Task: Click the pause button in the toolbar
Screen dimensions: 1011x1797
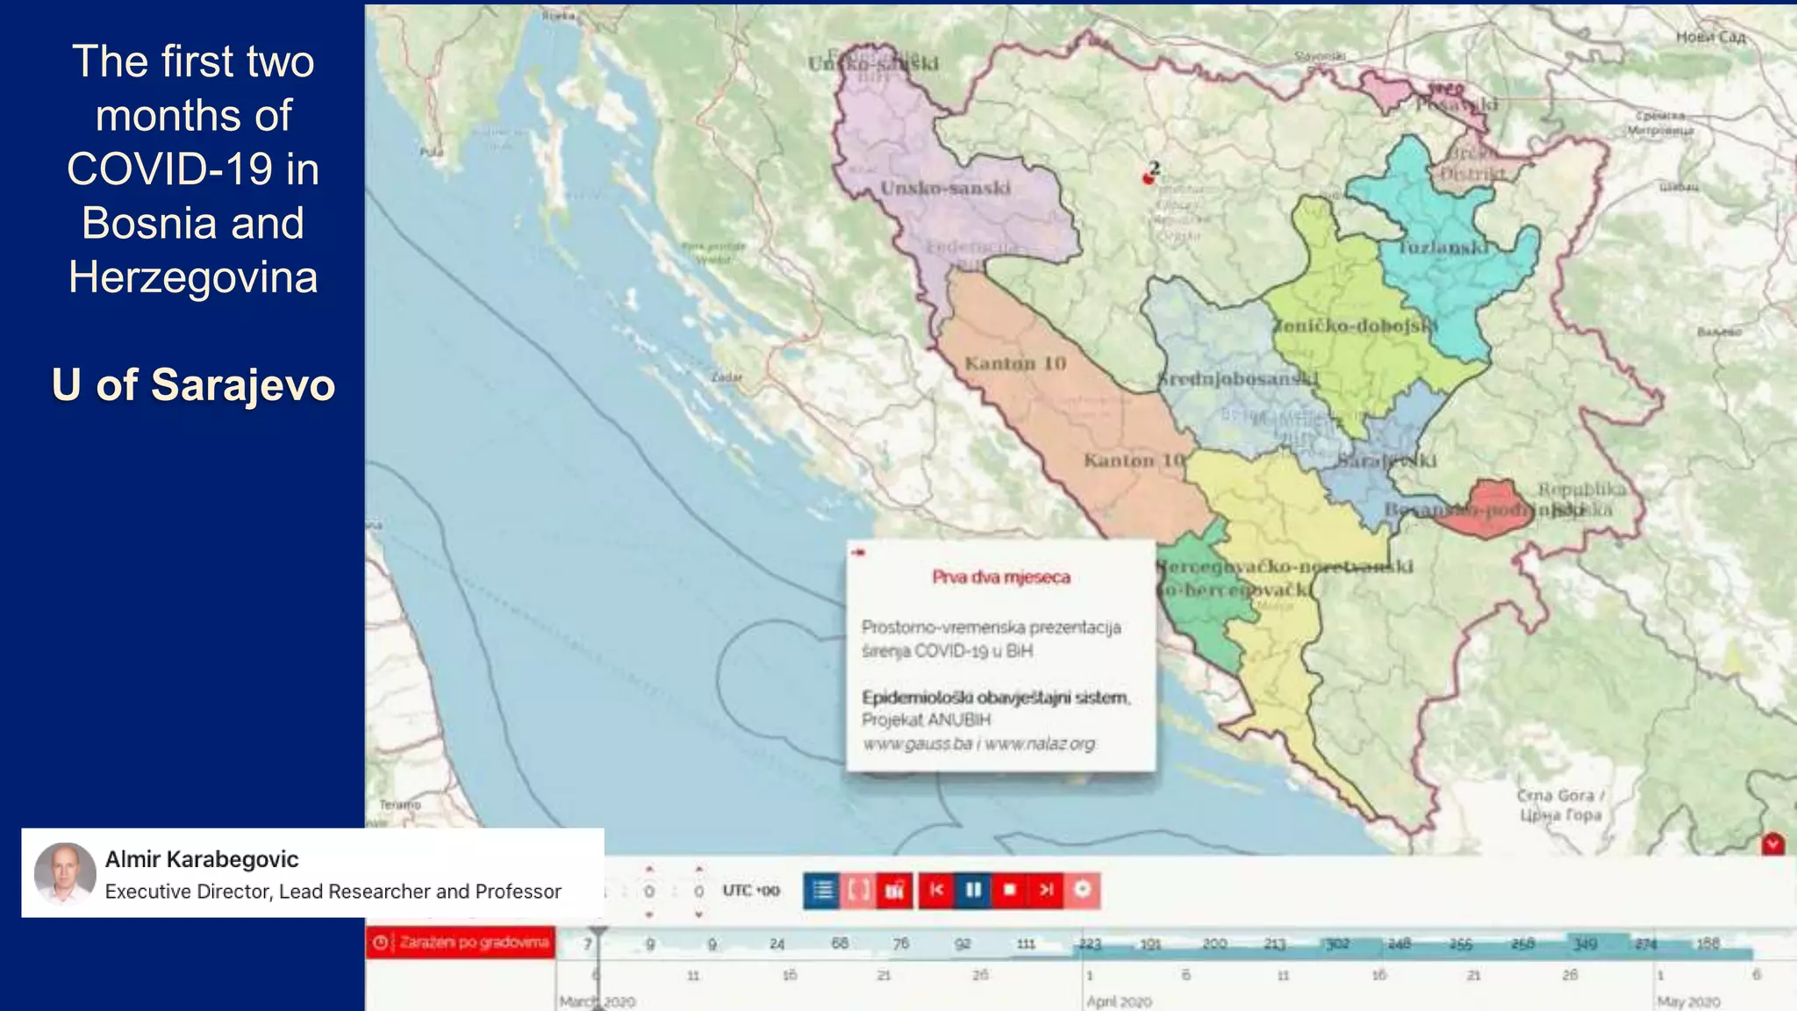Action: coord(973,890)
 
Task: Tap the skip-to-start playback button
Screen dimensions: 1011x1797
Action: coord(937,890)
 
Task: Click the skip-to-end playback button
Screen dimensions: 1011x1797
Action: coord(1046,890)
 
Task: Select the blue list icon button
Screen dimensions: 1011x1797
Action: coord(822,890)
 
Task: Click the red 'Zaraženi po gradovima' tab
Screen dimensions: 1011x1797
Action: coord(462,943)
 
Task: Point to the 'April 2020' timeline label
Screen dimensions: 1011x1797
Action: coord(1119,1001)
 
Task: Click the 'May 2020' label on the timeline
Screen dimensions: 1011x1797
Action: coord(1688,1001)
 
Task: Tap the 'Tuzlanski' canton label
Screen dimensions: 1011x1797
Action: coord(1443,247)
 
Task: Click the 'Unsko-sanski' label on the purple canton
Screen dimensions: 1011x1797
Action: coord(945,188)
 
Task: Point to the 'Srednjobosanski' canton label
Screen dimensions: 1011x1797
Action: coord(1237,379)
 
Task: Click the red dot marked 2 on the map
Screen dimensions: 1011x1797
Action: coord(1148,178)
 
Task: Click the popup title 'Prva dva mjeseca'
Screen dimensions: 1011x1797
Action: coord(1001,577)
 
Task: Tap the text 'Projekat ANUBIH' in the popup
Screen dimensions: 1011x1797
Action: coord(926,720)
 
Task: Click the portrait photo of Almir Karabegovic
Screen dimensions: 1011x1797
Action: coord(64,872)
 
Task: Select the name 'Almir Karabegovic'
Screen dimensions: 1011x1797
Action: coord(202,859)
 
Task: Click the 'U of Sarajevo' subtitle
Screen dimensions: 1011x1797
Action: coord(193,384)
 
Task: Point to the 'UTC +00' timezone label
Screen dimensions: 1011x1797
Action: coord(751,891)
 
